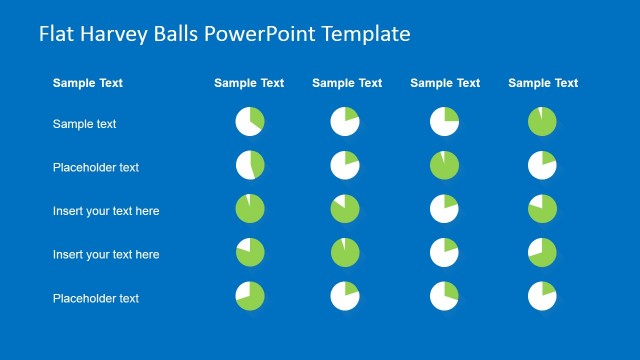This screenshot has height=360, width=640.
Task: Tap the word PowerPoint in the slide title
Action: (256, 34)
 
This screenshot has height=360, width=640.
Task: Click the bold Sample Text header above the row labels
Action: (88, 83)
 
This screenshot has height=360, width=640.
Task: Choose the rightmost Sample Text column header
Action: (543, 83)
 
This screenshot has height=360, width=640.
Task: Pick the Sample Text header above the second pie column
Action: (347, 83)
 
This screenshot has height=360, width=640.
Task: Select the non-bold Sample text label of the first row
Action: (85, 124)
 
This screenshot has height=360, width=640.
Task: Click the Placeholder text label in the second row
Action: (96, 167)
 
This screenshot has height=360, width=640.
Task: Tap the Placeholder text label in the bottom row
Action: (96, 298)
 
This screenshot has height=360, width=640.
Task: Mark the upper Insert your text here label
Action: (106, 211)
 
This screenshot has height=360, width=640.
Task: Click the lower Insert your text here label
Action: (106, 254)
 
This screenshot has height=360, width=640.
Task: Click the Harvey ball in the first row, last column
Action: (542, 122)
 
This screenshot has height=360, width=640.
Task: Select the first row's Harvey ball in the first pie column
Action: (250, 122)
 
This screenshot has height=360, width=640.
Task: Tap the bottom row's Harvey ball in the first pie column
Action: (250, 296)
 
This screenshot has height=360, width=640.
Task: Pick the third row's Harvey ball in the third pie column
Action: (444, 209)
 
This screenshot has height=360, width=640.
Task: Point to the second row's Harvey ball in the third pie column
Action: (444, 165)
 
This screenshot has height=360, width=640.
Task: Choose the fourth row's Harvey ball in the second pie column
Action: (345, 252)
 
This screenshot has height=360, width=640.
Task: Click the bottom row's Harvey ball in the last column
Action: (542, 296)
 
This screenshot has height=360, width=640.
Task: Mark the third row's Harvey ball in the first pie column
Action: (250, 209)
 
